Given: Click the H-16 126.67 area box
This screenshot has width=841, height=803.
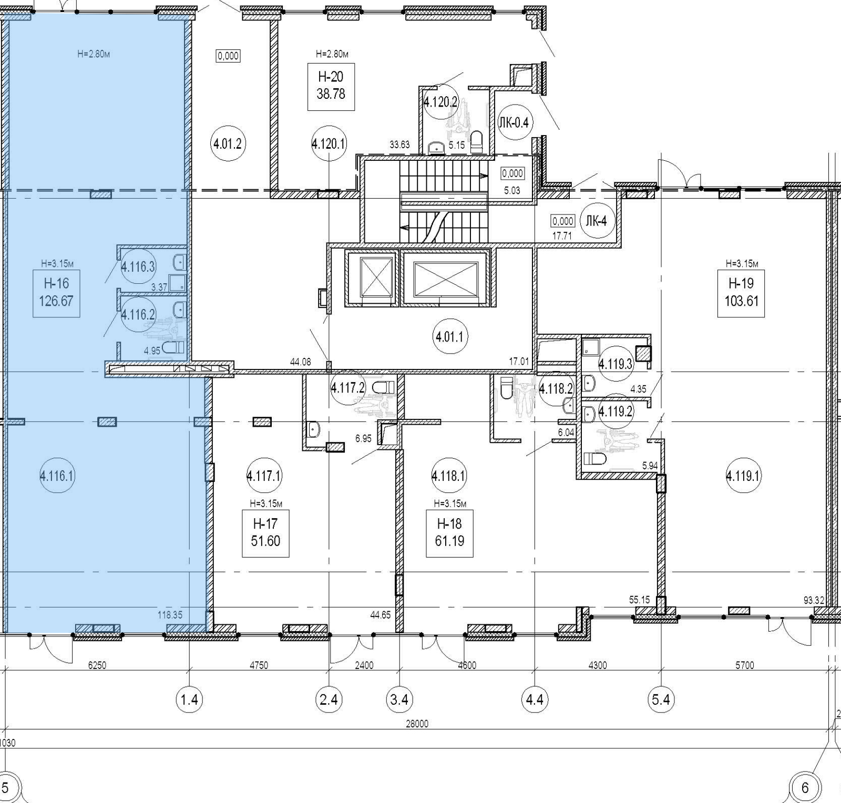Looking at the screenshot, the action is click(x=56, y=293).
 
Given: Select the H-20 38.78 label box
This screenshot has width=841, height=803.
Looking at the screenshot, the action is click(x=331, y=86).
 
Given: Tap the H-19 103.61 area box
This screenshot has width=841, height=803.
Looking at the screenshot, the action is click(x=741, y=293).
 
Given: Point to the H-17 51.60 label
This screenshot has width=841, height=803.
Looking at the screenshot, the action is click(x=265, y=533).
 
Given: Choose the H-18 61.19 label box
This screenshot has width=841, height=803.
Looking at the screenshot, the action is click(x=449, y=533).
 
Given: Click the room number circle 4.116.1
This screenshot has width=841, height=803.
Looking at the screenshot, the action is click(x=57, y=476).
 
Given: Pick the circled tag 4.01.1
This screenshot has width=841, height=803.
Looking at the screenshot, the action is click(x=450, y=336).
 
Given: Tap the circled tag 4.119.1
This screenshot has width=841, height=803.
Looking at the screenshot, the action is click(x=743, y=476).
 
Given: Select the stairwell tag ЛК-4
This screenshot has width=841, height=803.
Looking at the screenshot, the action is click(x=596, y=221).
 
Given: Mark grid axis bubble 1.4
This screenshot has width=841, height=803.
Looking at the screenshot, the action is click(x=189, y=699).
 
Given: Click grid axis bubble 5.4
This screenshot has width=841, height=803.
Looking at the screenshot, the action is click(x=661, y=699).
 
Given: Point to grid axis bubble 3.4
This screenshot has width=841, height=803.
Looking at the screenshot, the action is click(x=400, y=699).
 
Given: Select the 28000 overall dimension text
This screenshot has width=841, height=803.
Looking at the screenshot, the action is click(x=417, y=724).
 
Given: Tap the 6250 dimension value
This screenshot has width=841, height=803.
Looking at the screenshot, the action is click(x=97, y=665).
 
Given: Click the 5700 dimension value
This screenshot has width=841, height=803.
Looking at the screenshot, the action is click(x=745, y=665).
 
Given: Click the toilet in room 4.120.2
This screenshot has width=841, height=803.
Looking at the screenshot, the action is click(x=476, y=142).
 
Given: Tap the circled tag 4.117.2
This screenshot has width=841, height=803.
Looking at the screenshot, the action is click(x=347, y=388).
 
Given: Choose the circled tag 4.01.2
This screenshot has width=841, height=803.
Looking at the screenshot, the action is click(x=228, y=143).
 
